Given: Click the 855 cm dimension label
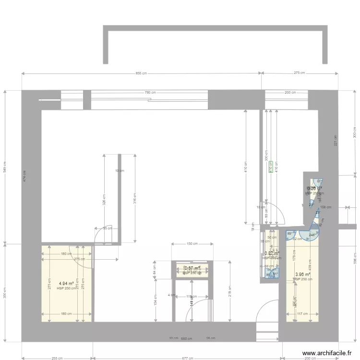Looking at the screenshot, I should [141, 73].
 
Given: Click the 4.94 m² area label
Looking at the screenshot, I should [66, 284].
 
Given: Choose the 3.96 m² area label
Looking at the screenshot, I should [303, 275].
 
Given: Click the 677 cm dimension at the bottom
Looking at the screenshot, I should [188, 358].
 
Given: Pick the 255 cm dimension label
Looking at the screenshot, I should [58, 358].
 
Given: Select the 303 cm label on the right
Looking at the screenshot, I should [355, 132].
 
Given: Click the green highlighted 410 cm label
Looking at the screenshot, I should [270, 166].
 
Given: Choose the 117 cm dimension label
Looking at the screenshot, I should [302, 314].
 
